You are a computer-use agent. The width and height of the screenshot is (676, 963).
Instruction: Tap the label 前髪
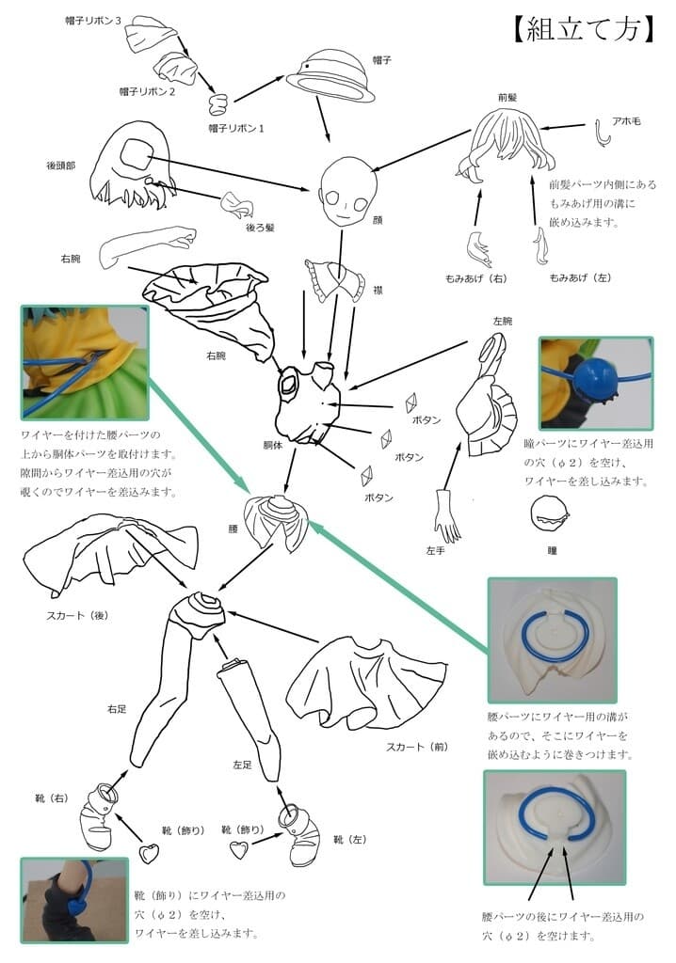pyautogui.click(x=509, y=97)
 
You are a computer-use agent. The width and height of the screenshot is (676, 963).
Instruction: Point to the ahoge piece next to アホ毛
pyautogui.click(x=604, y=135)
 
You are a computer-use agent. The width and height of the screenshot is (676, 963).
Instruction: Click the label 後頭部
pyautogui.click(x=61, y=165)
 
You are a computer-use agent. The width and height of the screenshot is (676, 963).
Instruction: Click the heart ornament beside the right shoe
pyautogui.click(x=149, y=854)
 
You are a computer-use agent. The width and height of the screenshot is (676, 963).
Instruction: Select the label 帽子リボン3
pyautogui.click(x=93, y=20)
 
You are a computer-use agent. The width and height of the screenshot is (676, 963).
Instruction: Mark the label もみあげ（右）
pyautogui.click(x=475, y=279)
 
